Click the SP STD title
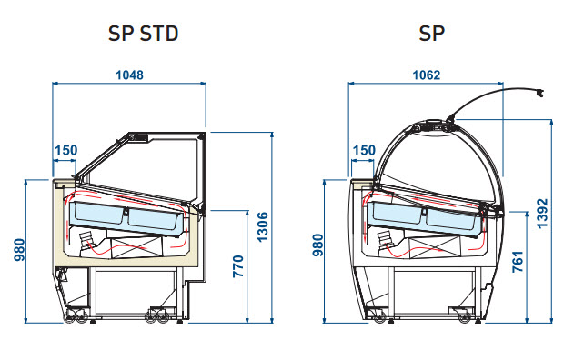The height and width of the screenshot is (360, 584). coord(144,34)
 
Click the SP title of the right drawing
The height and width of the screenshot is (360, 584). coord(432,34)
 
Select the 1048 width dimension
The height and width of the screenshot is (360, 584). coord(129,75)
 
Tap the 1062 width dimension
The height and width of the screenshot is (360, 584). coord(427,75)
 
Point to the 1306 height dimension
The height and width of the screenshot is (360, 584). coord(263,227)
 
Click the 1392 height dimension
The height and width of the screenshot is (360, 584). coord(542,214)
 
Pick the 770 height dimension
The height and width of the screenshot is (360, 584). coord(238,266)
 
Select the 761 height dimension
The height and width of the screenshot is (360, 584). coord(518,262)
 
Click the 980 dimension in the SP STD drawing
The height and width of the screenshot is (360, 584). coord(19,250)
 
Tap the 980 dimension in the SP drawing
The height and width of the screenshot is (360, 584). coord(317,245)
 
